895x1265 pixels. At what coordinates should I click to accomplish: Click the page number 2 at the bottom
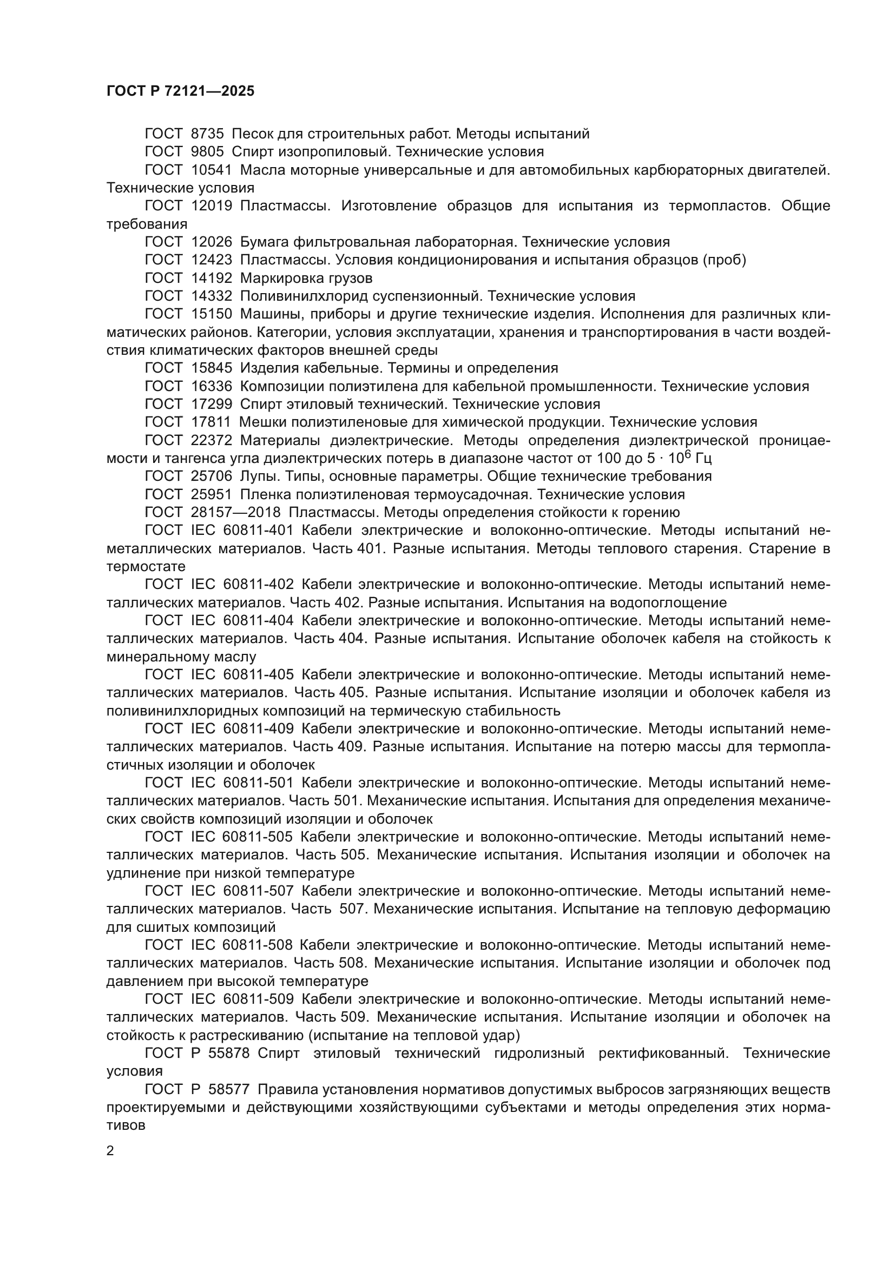(110, 1151)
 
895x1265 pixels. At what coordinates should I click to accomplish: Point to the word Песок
(253, 134)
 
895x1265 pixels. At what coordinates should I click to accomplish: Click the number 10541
(212, 170)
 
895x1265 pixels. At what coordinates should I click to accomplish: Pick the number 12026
(212, 242)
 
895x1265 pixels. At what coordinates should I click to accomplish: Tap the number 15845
(212, 368)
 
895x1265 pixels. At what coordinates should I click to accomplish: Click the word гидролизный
(539, 1054)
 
